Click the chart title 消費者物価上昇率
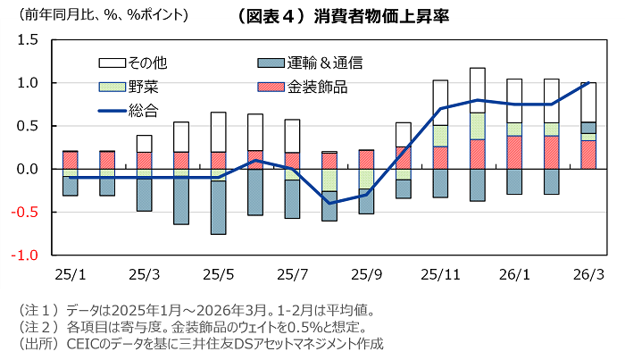click(x=344, y=15)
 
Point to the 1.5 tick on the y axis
click(x=27, y=40)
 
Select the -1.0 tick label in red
click(x=25, y=255)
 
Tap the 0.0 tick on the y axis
click(x=27, y=169)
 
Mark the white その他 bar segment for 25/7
click(x=292, y=135)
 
